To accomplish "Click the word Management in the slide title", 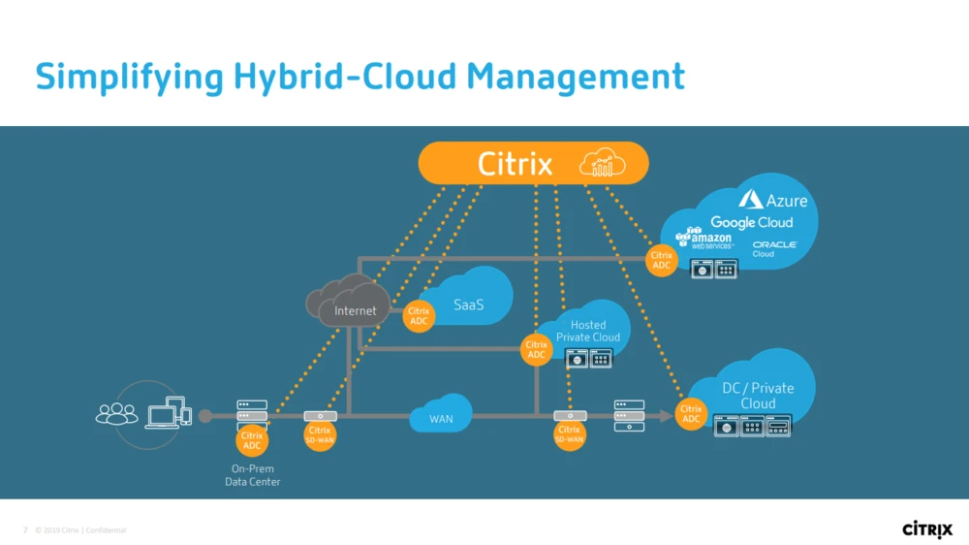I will point(576,77).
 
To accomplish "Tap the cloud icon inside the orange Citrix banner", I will point(602,164).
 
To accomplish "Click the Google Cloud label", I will point(751,222).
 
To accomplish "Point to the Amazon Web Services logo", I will point(704,239).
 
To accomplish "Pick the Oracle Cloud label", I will point(773,248).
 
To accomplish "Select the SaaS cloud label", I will point(468,305).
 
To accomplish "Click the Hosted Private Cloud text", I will point(588,331).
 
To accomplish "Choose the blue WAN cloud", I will point(441,418).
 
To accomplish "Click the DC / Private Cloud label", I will point(758,395).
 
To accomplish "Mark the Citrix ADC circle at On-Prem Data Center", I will point(252,441).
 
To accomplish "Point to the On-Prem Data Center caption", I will point(252,475).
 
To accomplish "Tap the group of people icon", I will point(116,414).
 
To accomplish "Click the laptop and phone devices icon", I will point(169,413).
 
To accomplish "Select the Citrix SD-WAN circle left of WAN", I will point(320,435).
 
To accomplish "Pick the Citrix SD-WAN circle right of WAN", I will point(569,435).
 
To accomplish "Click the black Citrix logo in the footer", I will point(927,529).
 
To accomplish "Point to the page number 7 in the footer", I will point(25,530).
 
